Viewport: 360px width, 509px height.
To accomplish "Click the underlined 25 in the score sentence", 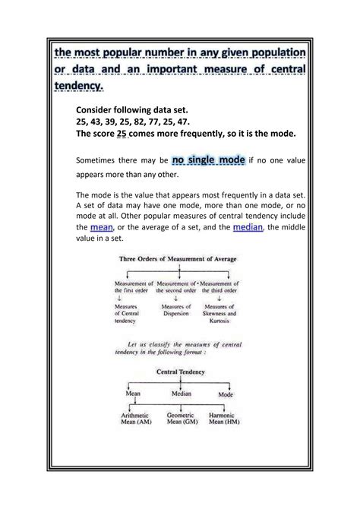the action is pyautogui.click(x=120, y=134).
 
